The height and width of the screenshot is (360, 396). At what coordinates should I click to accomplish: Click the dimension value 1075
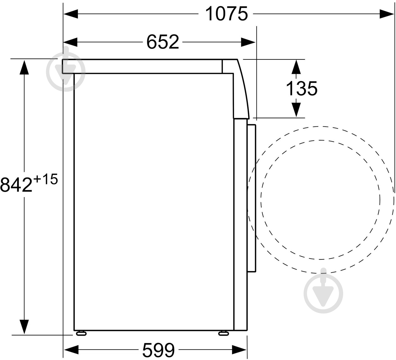(226, 14)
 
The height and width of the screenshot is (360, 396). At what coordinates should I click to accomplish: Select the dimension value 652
(162, 42)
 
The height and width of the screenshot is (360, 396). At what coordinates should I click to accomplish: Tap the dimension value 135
(301, 88)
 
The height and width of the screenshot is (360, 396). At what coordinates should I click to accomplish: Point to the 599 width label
(158, 350)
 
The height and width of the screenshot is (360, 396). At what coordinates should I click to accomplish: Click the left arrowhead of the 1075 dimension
(71, 14)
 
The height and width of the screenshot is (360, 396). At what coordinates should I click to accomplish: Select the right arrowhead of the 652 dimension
(248, 42)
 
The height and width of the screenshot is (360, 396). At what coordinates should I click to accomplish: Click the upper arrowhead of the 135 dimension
(296, 66)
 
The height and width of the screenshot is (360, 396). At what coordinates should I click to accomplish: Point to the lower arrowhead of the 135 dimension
(296, 110)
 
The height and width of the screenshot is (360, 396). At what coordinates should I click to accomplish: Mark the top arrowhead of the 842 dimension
(24, 67)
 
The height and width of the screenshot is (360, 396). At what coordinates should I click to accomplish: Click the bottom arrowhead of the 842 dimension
(24, 327)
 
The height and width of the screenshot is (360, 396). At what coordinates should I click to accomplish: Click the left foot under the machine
(81, 333)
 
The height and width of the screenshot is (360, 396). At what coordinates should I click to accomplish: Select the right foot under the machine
(224, 333)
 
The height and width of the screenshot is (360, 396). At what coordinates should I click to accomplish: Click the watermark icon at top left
(66, 71)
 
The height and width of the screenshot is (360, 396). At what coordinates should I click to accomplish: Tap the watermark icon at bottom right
(323, 293)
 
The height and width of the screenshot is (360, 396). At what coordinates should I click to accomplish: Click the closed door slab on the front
(251, 198)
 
